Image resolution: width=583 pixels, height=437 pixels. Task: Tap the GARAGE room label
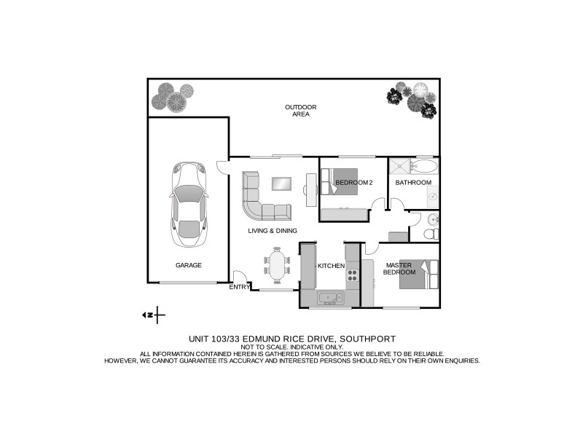click(188, 265)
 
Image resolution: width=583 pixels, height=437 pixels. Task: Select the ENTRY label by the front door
click(239, 287)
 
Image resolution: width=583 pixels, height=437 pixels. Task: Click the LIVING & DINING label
click(272, 231)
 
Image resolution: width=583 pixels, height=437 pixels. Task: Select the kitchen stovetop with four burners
click(352, 275)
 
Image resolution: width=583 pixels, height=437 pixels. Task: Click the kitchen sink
click(330, 298)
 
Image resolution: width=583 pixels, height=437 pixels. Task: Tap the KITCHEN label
click(330, 266)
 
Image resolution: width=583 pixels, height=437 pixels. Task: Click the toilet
click(431, 234)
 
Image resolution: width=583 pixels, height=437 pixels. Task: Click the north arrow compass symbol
click(154, 315)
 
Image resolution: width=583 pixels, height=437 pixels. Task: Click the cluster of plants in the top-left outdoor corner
click(173, 98)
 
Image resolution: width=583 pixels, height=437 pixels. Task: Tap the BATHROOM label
click(413, 182)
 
